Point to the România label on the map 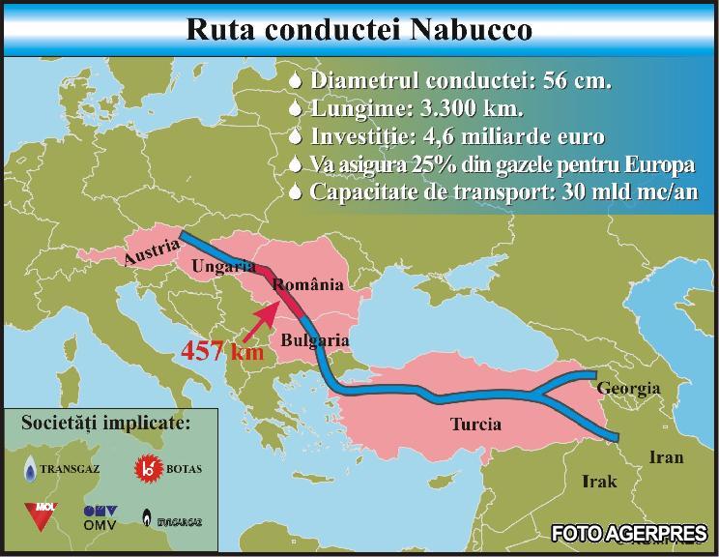307,284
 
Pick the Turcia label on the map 476,424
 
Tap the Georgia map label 628,389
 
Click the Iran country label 667,457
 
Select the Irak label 598,481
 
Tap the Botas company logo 160,468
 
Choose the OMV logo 101,515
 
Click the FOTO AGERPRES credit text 628,533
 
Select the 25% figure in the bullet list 431,164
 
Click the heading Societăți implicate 105,423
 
